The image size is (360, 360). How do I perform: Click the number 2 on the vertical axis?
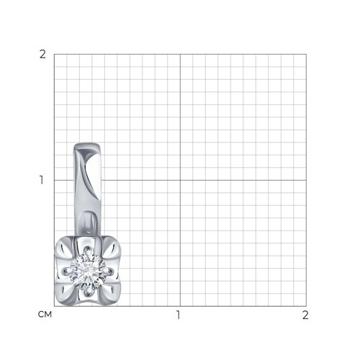42,55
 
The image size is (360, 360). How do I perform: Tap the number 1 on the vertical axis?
42,180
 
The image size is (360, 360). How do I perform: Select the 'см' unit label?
45,315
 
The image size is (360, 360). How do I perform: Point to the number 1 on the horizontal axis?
178,315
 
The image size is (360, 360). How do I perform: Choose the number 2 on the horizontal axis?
305,315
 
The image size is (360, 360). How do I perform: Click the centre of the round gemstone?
88,271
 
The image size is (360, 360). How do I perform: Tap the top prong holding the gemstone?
88,251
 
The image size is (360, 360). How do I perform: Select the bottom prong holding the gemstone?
88,292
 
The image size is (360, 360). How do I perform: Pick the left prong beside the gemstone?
67,271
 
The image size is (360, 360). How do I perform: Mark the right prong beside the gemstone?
109,271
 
